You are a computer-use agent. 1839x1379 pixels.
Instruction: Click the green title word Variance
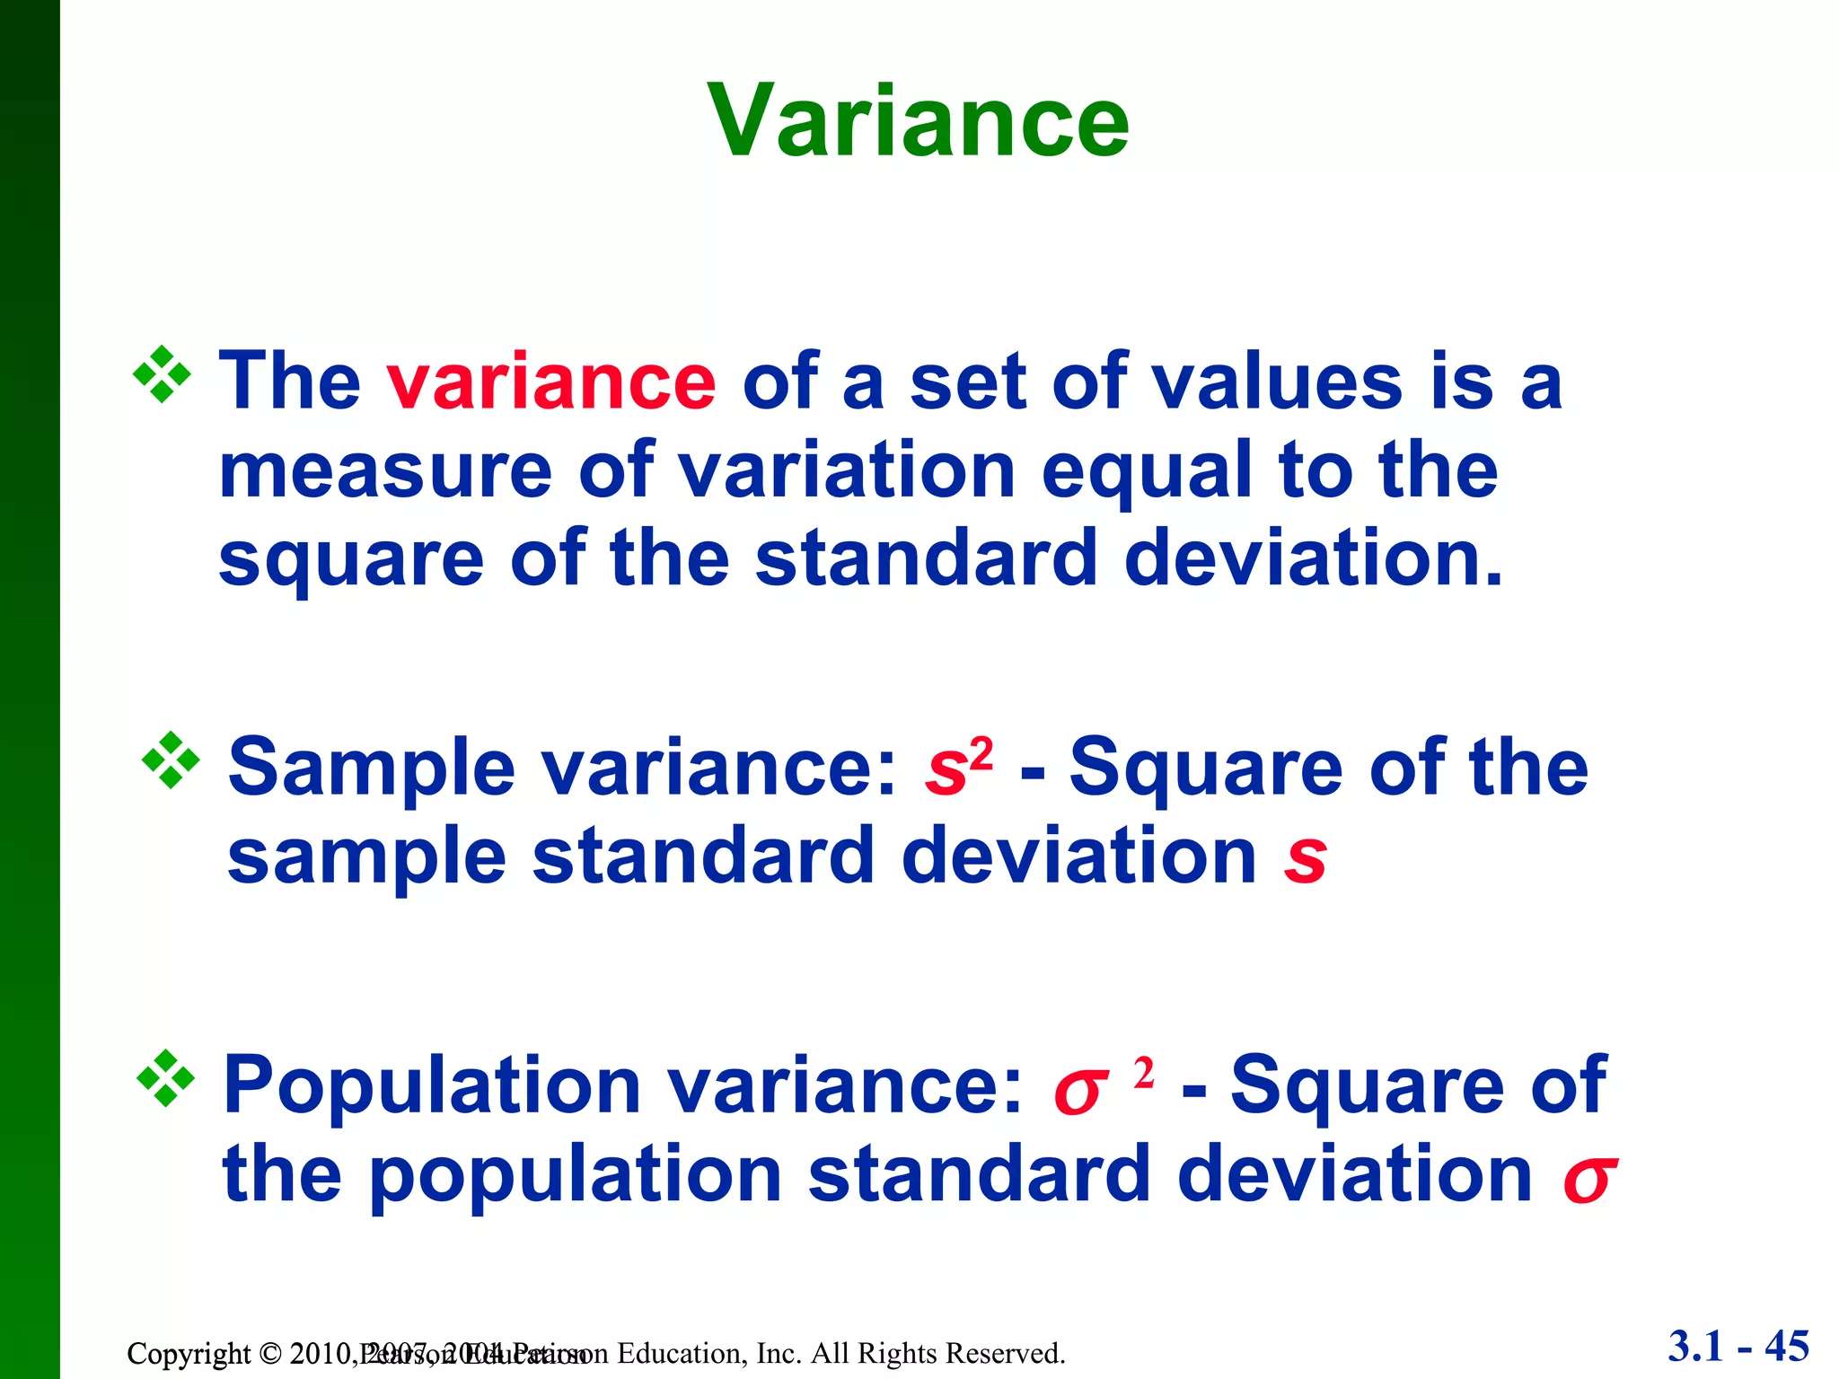pyautogui.click(x=918, y=121)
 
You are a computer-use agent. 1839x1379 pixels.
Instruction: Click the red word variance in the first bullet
pyautogui.click(x=551, y=382)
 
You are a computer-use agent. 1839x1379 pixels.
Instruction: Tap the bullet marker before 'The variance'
pyautogui.click(x=162, y=374)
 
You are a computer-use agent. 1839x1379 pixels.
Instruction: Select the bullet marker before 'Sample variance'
pyautogui.click(x=171, y=761)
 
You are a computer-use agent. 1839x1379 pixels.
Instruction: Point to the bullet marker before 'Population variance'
pyautogui.click(x=165, y=1078)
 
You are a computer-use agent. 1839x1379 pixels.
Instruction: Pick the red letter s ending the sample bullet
pyautogui.click(x=1305, y=856)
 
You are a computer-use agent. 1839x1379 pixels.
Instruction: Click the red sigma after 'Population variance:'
pyautogui.click(x=1078, y=1091)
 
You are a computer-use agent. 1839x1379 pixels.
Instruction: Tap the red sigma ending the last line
pyautogui.click(x=1589, y=1179)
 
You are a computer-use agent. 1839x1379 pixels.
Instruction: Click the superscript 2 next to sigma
pyautogui.click(x=1143, y=1072)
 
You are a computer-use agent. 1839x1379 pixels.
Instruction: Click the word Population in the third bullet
pyautogui.click(x=431, y=1085)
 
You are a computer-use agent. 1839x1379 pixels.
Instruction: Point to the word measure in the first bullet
pyautogui.click(x=385, y=471)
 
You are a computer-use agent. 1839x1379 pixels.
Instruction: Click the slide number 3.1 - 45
pyautogui.click(x=1738, y=1346)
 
